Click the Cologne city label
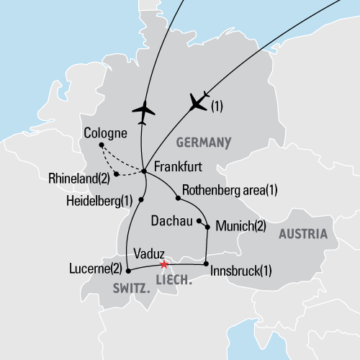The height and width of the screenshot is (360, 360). click(105, 133)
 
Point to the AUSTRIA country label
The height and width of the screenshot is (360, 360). click(302, 234)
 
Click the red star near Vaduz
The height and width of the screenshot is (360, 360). click(164, 264)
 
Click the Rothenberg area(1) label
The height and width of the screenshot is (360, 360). click(230, 190)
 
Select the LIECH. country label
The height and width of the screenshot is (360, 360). click(174, 277)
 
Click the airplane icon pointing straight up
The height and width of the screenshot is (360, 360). click(144, 111)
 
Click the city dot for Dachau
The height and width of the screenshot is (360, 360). click(199, 221)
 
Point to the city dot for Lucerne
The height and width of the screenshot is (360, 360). click(128, 271)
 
